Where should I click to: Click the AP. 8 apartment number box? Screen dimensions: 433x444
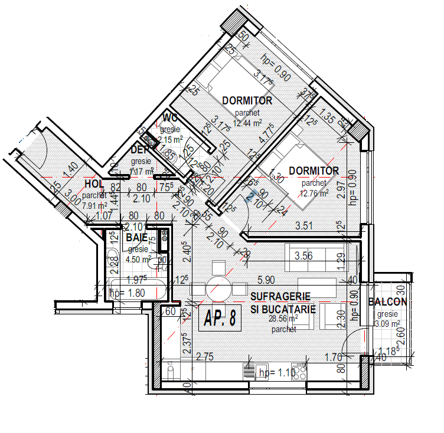[220, 317]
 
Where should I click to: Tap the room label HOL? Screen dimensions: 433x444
[94, 185]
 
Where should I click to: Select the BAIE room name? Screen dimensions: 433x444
[136, 238]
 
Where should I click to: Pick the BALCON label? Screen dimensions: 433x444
[387, 302]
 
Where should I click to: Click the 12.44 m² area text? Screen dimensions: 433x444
[247, 123]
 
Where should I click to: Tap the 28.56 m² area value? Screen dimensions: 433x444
[283, 318]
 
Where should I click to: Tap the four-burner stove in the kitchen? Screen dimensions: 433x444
[299, 372]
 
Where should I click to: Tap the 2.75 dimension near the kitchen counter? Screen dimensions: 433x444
[204, 356]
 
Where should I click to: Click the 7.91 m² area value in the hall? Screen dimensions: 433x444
[94, 206]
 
